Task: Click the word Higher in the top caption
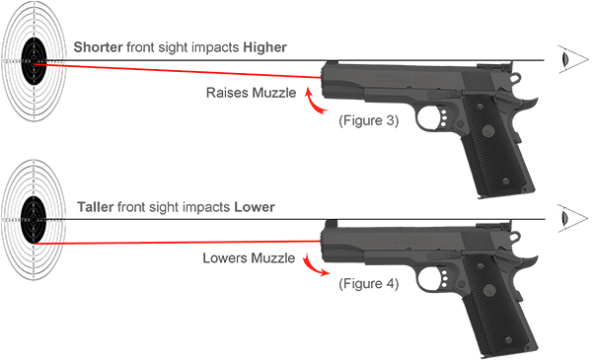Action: pyautogui.click(x=265, y=47)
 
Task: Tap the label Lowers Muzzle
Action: pyautogui.click(x=248, y=257)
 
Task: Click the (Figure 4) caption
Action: pyautogui.click(x=368, y=284)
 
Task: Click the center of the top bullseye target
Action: pyautogui.click(x=36, y=62)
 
